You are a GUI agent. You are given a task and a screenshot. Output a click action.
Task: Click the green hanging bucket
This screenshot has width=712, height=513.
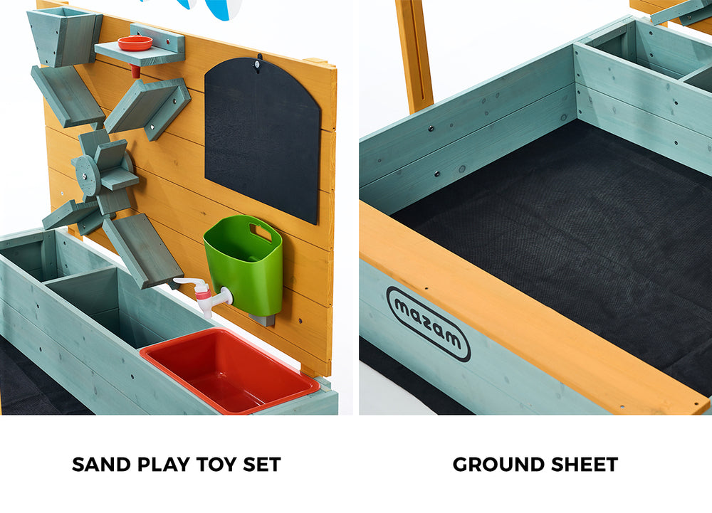244,267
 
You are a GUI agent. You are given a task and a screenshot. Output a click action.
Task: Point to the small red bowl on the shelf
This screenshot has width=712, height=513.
135,43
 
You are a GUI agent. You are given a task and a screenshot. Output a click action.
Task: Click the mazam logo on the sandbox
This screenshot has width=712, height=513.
428,324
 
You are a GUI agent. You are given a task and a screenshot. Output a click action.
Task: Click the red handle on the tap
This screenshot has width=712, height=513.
203,291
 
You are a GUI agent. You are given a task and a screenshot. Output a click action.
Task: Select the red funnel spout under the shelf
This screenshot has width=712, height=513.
134,71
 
